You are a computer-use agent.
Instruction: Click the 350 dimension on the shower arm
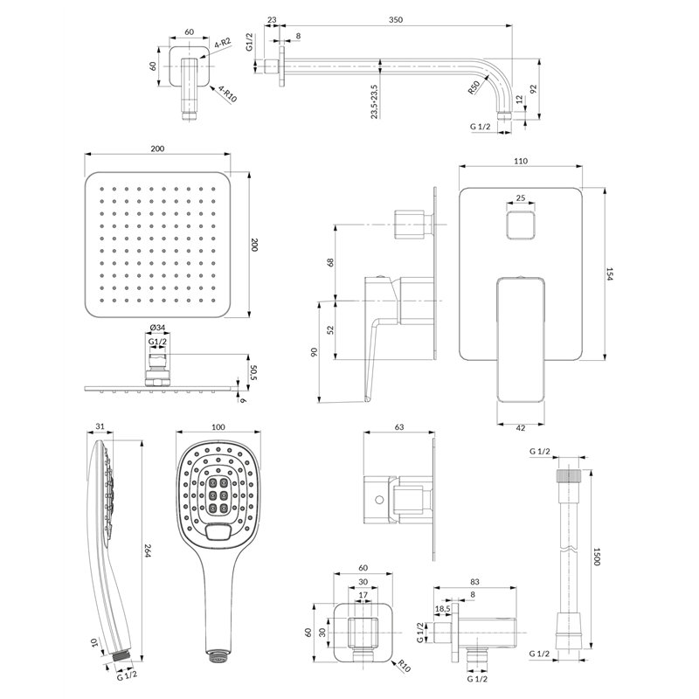(396, 19)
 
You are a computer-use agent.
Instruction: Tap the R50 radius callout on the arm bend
(474, 87)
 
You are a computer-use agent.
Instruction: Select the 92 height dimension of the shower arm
(534, 89)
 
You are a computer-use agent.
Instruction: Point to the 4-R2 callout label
(223, 44)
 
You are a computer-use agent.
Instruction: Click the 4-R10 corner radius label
(227, 94)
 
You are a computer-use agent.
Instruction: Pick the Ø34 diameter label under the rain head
(157, 328)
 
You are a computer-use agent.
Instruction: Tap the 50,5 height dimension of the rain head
(254, 373)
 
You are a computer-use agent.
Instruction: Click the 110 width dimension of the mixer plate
(520, 161)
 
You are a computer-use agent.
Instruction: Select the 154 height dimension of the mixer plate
(610, 273)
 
